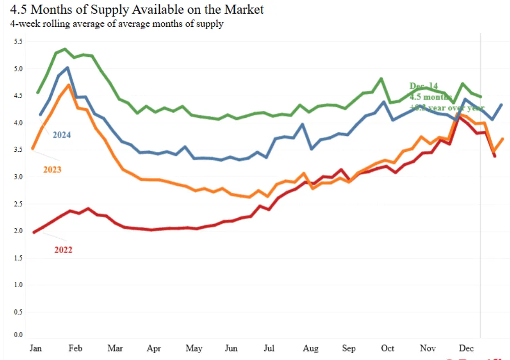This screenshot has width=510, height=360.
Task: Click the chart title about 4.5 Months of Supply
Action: [137, 9]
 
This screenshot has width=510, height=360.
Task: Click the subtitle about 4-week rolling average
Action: [116, 24]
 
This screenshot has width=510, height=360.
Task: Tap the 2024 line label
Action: [61, 135]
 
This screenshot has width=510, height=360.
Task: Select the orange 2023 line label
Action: [52, 170]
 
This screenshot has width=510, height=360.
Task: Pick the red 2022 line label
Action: [63, 250]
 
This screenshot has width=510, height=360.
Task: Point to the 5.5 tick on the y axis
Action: [18, 42]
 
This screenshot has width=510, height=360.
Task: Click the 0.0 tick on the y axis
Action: [18, 335]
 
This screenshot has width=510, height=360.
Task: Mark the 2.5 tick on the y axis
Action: [18, 204]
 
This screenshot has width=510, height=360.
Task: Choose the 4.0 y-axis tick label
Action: [18, 123]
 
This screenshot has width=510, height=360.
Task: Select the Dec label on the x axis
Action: [466, 349]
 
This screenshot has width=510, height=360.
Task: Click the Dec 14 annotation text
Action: [423, 86]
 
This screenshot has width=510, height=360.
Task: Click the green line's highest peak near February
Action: [65, 49]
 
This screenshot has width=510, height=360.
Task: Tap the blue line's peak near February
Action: [67, 68]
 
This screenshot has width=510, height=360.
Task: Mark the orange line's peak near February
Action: [69, 85]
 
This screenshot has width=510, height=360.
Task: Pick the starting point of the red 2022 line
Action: [34, 232]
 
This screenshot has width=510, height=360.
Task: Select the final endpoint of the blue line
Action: [501, 105]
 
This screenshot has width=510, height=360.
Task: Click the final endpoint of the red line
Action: [494, 156]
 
